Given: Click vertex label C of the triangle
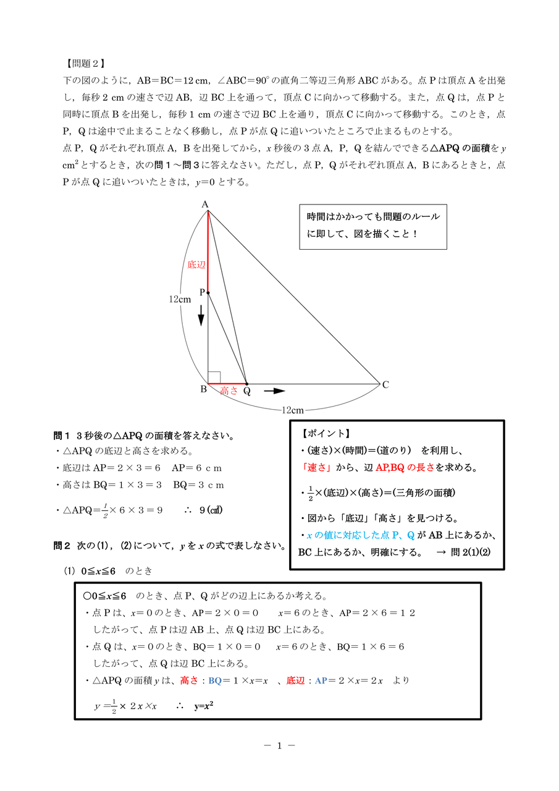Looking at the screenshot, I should [385, 384].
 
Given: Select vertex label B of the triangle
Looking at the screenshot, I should [203, 389].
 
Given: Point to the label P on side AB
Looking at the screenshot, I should [201, 292].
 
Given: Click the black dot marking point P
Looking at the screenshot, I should [208, 292].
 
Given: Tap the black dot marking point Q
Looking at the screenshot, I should [246, 384].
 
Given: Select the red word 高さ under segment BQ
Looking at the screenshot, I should [229, 391].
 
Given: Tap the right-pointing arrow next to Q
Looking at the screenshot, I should [274, 391].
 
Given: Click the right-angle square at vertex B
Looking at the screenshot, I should [214, 378].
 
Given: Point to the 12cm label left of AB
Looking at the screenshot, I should [180, 299].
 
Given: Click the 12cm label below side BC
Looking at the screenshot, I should [292, 410].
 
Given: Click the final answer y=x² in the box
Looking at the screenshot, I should [208, 705].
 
